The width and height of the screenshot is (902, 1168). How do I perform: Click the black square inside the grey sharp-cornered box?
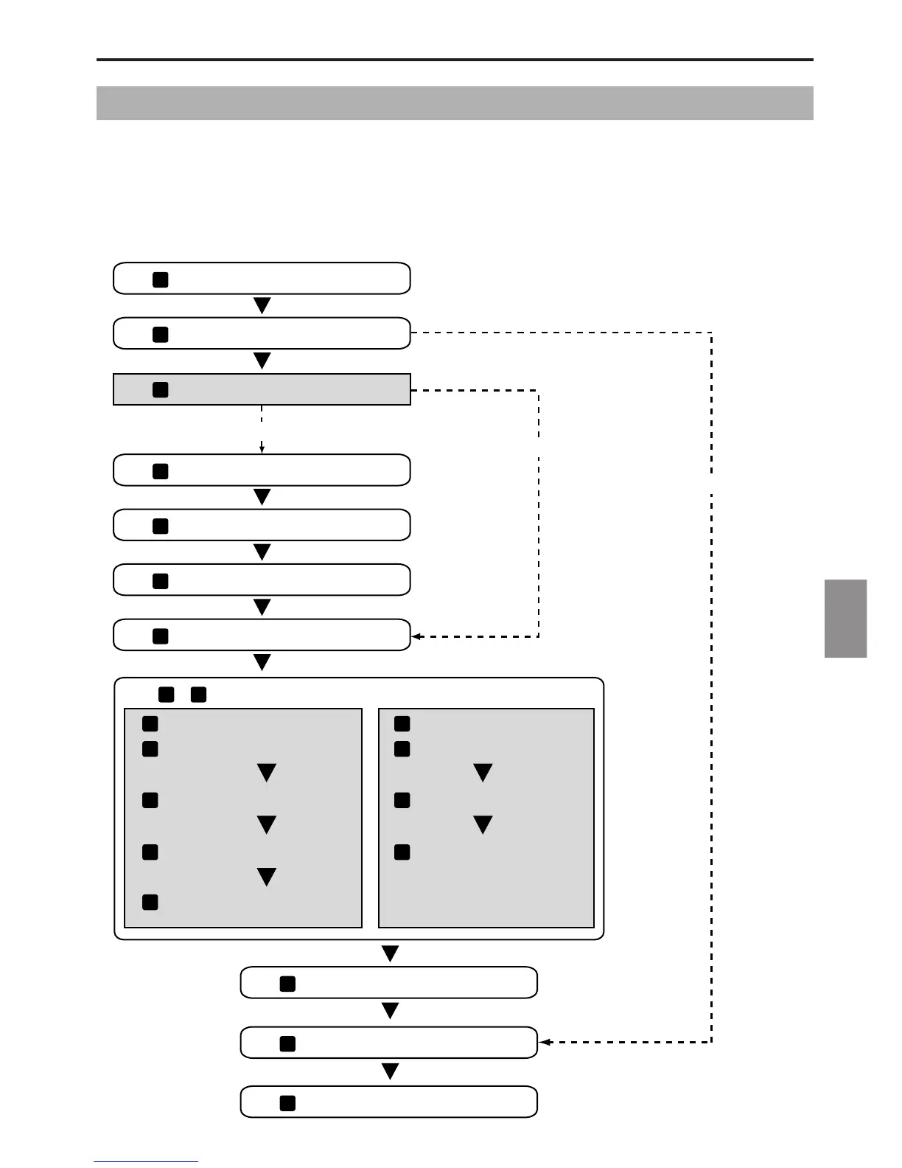160,390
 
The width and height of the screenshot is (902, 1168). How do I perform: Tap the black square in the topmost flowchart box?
160,279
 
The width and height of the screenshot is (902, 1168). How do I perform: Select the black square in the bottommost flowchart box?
287,1103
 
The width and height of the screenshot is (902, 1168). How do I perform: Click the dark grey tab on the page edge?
845,618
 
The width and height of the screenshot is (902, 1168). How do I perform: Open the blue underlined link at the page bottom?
146,1161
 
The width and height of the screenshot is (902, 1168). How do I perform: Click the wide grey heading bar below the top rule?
455,103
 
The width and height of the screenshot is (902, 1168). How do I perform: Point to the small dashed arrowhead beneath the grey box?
262,448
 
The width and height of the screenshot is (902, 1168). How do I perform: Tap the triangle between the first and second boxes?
262,305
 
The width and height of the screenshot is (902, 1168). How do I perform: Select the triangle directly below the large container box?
390,953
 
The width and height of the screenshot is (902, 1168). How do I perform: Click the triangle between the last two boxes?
390,1071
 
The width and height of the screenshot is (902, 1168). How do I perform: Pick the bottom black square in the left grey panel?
150,902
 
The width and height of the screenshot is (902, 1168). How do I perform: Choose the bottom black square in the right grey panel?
402,852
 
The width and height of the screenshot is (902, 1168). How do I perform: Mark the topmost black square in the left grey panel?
150,723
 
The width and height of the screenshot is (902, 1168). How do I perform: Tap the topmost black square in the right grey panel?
402,723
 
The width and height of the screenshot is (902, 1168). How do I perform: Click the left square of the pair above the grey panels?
166,694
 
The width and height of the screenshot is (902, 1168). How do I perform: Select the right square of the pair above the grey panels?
198,694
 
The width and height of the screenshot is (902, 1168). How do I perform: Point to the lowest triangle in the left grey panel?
266,877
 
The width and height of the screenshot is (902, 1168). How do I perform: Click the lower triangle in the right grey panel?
483,824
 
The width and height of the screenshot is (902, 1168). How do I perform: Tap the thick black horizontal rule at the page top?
455,60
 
